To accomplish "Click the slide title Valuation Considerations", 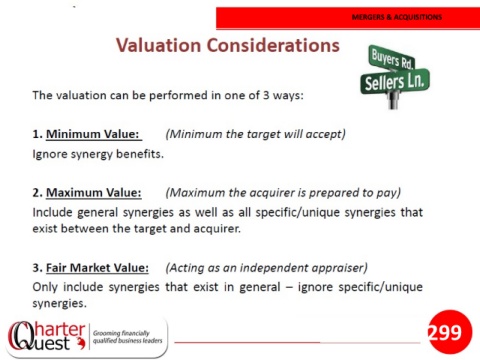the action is click(228, 45).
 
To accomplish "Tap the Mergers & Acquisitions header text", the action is click(397, 17).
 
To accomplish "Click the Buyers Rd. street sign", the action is click(391, 58).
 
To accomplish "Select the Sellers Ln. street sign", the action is click(395, 81).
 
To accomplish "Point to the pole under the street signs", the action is click(394, 100).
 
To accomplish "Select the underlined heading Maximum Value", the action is click(94, 193).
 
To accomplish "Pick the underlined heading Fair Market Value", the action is click(97, 268).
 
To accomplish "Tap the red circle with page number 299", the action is click(450, 332).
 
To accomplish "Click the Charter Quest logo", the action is click(47, 337).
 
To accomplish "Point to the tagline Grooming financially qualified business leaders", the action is click(127, 337).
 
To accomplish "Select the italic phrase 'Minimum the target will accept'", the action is click(255, 134).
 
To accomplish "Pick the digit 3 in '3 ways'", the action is click(266, 95).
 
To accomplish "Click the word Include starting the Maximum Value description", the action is click(52, 212).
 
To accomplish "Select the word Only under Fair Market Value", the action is click(45, 287).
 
